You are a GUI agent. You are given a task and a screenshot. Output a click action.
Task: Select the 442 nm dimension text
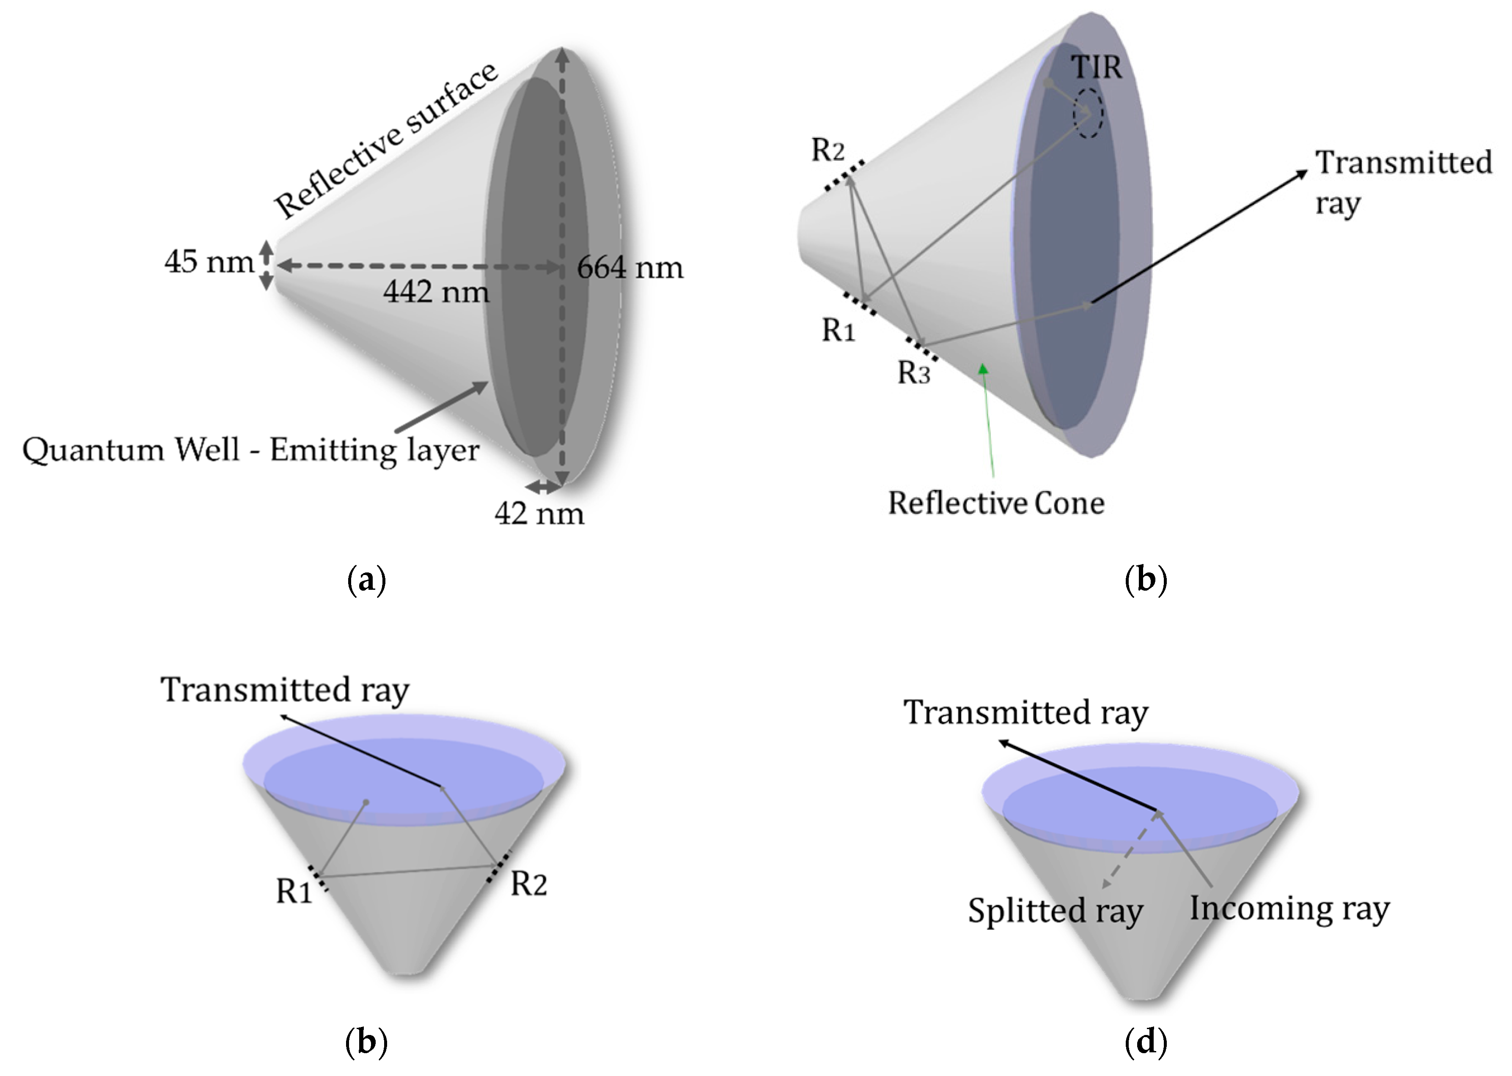pyautogui.click(x=436, y=292)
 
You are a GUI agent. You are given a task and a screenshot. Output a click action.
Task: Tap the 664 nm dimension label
pyautogui.click(x=630, y=268)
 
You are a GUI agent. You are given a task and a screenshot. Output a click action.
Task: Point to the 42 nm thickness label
pyautogui.click(x=539, y=514)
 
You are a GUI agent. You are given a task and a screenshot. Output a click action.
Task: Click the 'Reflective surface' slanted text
pyautogui.click(x=386, y=140)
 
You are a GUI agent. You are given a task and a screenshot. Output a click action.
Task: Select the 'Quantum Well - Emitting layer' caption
pyautogui.click(x=250, y=451)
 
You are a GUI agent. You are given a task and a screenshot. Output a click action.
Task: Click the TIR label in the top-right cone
pyautogui.click(x=1097, y=67)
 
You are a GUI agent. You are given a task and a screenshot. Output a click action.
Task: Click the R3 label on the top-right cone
pyautogui.click(x=913, y=373)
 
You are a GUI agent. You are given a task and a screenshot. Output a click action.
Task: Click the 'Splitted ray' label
pyautogui.click(x=1055, y=910)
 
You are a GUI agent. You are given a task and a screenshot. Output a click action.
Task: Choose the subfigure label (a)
pyautogui.click(x=366, y=580)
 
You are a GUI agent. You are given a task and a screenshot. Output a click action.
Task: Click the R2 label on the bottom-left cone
pyautogui.click(x=528, y=884)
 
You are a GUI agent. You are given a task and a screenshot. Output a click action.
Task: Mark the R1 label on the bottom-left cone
pyautogui.click(x=294, y=892)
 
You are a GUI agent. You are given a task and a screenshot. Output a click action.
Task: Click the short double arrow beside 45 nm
pyautogui.click(x=265, y=265)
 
